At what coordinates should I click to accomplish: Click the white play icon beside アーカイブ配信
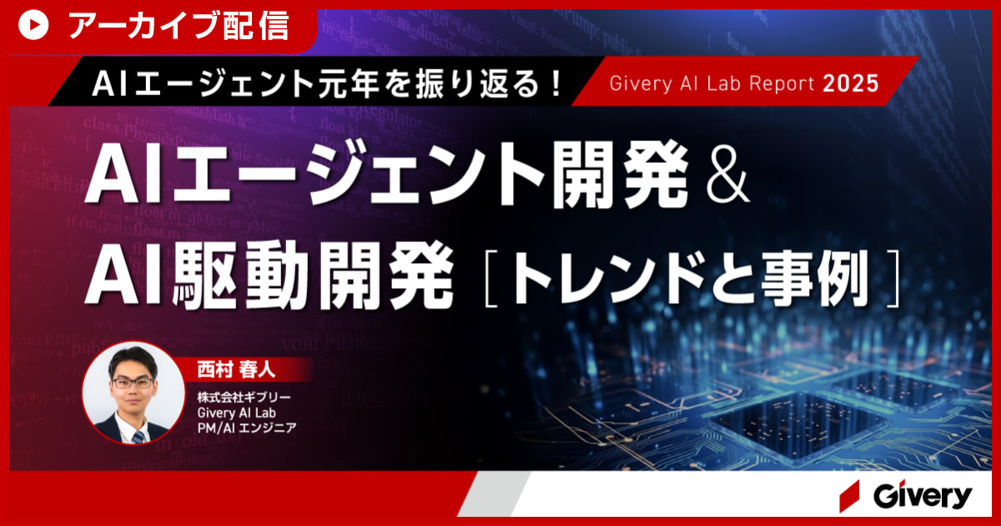click(x=33, y=27)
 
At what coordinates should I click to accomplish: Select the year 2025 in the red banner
click(x=851, y=83)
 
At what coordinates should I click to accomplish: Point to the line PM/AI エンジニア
click(x=247, y=427)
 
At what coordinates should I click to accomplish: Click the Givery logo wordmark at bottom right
click(x=923, y=496)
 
